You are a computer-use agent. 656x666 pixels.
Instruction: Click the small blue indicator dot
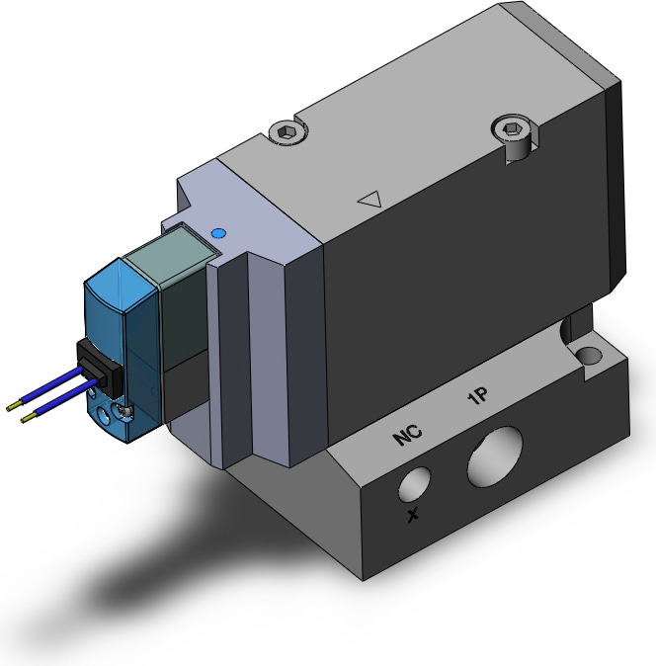(218, 233)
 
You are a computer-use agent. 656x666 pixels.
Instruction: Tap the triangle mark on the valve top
(370, 199)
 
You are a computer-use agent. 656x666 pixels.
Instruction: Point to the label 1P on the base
(477, 396)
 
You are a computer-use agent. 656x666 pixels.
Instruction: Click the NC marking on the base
(407, 434)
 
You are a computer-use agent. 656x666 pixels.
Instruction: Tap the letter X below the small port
(413, 515)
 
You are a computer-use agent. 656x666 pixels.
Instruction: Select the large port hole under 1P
(495, 458)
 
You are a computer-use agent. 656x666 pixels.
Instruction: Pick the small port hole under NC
(414, 484)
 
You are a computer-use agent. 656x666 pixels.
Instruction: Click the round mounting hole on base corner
(590, 356)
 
